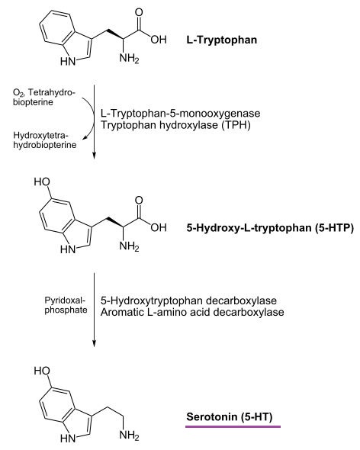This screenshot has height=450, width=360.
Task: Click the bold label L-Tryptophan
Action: click(x=222, y=40)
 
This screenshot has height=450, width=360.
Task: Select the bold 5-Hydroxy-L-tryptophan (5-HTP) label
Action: click(x=270, y=228)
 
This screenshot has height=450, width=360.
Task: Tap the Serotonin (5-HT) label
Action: click(x=230, y=416)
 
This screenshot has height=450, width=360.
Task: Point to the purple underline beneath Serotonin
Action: click(x=233, y=427)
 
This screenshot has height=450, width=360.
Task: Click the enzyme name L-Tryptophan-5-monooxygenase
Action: click(x=180, y=114)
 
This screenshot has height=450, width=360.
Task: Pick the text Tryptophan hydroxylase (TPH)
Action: click(x=175, y=125)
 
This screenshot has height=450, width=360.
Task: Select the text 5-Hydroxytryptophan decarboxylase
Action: click(x=188, y=301)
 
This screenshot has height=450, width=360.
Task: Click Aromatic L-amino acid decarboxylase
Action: click(x=192, y=312)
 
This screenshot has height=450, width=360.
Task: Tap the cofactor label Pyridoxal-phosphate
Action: click(x=66, y=305)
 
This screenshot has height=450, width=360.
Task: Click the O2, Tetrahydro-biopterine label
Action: click(x=43, y=98)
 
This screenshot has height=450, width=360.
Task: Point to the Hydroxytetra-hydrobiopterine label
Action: click(x=45, y=140)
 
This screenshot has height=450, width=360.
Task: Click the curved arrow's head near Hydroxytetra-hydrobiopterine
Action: click(x=85, y=139)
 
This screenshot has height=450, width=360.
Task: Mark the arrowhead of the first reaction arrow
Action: click(x=94, y=155)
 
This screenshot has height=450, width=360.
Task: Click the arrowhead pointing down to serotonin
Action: click(x=94, y=343)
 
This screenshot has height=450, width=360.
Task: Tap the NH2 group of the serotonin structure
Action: click(x=129, y=435)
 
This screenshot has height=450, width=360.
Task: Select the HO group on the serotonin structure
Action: click(x=42, y=371)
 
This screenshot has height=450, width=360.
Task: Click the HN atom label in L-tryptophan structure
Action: click(x=68, y=61)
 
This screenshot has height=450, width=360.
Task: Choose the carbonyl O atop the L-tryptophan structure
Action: click(x=139, y=12)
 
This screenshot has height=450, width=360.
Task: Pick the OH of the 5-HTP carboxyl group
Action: click(x=159, y=228)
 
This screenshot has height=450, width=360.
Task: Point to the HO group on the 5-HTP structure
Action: click(x=42, y=182)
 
